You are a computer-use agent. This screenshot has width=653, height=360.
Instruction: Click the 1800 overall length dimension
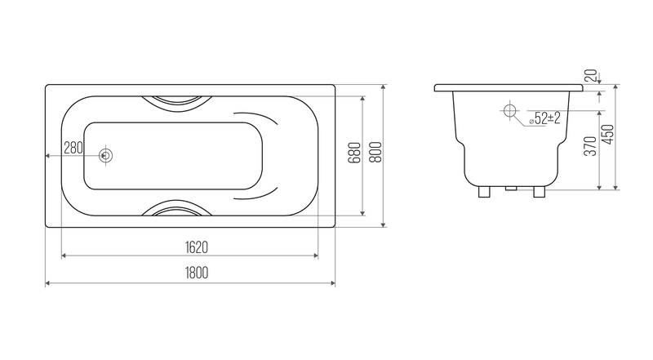197,273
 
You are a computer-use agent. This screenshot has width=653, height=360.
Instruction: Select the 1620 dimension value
197,247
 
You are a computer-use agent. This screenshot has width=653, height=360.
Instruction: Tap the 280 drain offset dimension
73,148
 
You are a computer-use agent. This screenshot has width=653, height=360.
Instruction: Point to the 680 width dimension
354,153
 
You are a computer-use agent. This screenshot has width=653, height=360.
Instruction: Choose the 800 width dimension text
375,152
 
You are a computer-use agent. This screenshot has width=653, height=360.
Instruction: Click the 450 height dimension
608,134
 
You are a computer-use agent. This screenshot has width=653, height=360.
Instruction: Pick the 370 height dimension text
590,146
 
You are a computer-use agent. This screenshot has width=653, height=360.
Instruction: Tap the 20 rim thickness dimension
591,75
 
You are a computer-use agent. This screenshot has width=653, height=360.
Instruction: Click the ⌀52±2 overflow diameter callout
544,118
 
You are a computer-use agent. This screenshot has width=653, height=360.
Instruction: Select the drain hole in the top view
106,156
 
